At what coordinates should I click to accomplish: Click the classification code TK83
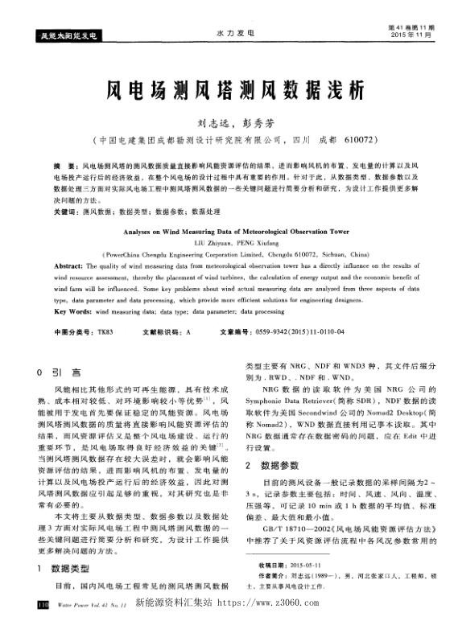pos(104,331)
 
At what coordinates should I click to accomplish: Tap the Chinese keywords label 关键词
pos(67,211)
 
